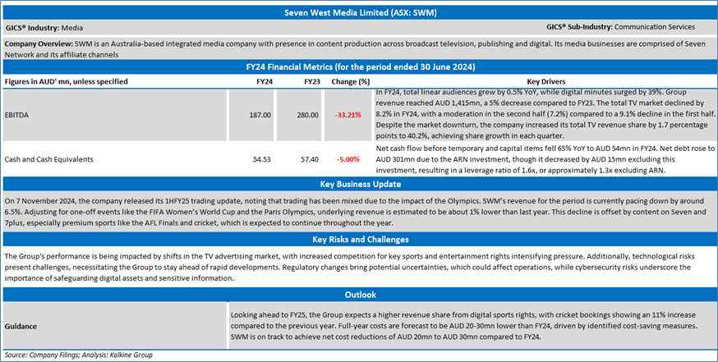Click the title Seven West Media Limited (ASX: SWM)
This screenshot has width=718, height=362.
point(359,13)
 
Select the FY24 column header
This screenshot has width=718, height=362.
point(265,81)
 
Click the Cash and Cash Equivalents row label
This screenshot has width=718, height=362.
point(48,158)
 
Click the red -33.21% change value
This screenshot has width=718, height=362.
point(347,115)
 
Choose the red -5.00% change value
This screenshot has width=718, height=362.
point(350,158)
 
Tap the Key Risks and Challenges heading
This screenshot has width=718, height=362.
point(359,240)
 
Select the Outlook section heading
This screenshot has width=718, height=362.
point(359,295)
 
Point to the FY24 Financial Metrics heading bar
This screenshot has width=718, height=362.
point(359,66)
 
